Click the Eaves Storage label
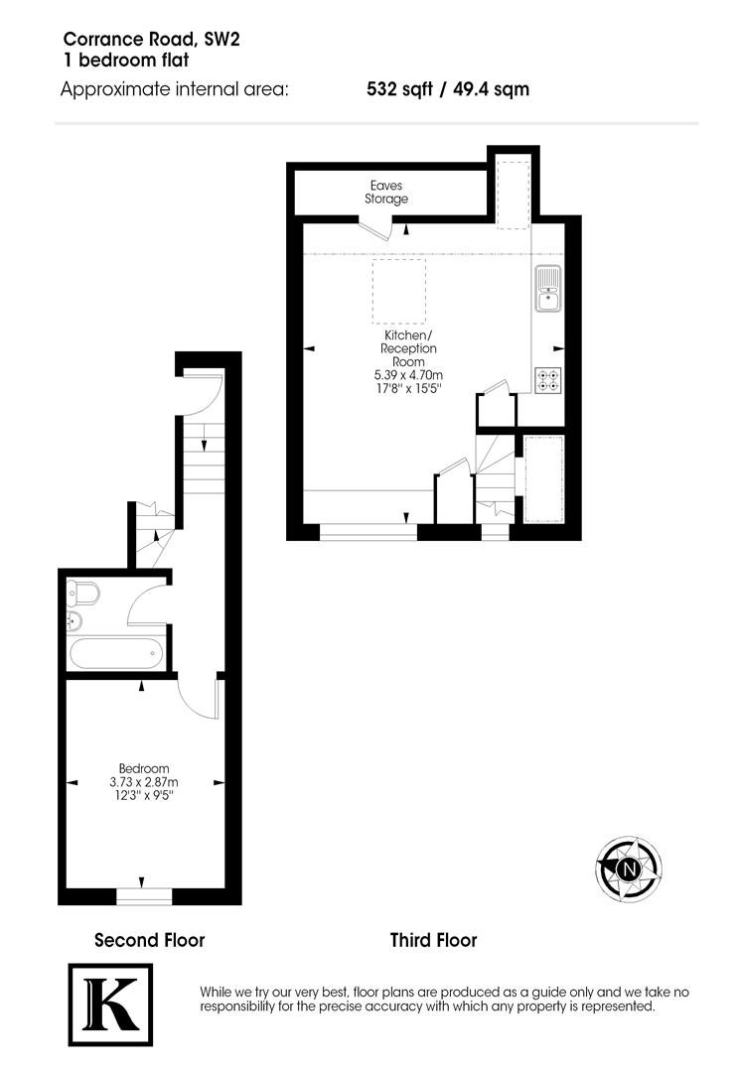(x=386, y=193)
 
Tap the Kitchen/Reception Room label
(x=408, y=349)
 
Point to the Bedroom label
(x=144, y=768)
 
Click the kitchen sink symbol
(x=548, y=287)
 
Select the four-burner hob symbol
(x=547, y=380)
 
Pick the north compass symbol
(x=629, y=870)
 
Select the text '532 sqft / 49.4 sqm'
(x=448, y=89)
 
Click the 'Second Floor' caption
(x=149, y=939)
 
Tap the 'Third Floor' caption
(x=433, y=939)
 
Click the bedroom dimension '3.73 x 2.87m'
(x=144, y=782)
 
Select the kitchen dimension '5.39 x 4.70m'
(x=408, y=375)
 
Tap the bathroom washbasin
(x=74, y=622)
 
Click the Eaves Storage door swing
(x=376, y=229)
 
